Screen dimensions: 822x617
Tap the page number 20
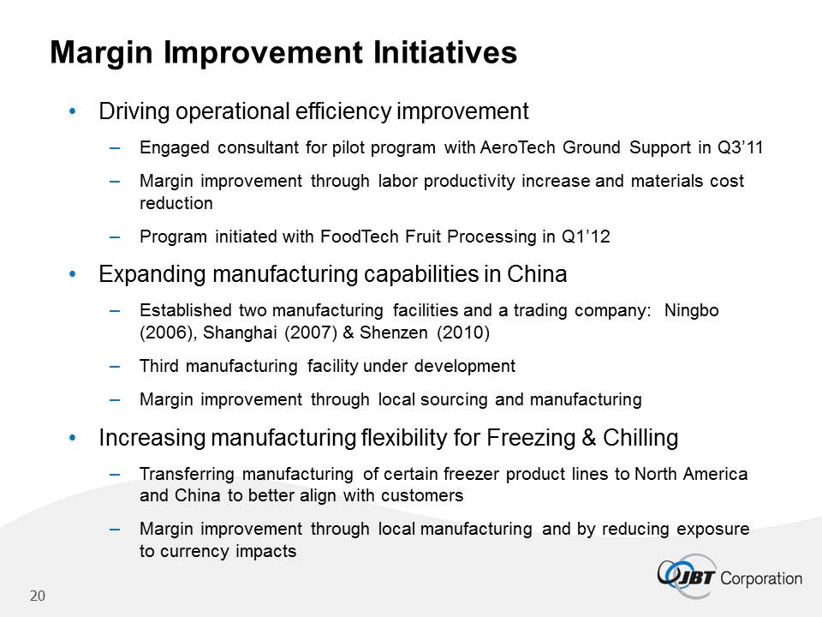tap(38, 596)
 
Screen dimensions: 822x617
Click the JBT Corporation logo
tap(730, 576)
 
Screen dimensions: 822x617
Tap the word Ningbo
tap(692, 310)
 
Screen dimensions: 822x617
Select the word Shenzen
tap(394, 332)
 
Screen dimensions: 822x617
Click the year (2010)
tap(463, 332)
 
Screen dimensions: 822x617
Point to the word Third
tap(159, 366)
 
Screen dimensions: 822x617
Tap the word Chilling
tap(640, 438)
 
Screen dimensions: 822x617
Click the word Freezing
tap(531, 438)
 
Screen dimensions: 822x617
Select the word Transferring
tap(188, 474)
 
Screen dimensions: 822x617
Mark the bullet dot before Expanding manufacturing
tap(73, 274)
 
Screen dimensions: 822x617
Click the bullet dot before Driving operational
tap(73, 111)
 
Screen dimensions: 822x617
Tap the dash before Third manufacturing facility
tap(115, 366)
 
